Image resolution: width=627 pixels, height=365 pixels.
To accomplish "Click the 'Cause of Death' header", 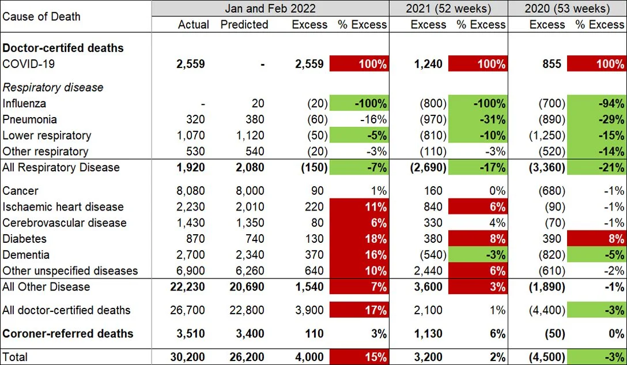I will [x=41, y=16].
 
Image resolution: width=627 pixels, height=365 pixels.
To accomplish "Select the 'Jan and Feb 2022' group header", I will [x=270, y=8].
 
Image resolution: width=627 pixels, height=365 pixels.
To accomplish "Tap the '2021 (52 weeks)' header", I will [x=448, y=8].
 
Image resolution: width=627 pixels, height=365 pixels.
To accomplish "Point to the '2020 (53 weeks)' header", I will [x=567, y=8].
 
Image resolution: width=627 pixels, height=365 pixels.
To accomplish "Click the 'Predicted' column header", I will [x=244, y=25].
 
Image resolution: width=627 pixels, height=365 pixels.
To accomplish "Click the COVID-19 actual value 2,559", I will [x=190, y=64].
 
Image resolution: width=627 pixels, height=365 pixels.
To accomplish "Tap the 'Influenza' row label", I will [x=24, y=104].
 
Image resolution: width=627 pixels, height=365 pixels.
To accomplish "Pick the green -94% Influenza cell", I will [x=596, y=104].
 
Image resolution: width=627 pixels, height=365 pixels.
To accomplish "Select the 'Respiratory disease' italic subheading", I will [x=53, y=88].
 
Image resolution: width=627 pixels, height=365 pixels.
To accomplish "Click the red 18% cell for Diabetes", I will [x=358, y=239].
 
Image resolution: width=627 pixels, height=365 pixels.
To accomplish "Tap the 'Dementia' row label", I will [x=26, y=255].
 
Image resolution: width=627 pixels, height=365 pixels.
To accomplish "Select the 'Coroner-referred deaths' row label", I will [x=68, y=334].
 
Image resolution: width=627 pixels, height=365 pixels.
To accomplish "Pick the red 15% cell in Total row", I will [x=358, y=357].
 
